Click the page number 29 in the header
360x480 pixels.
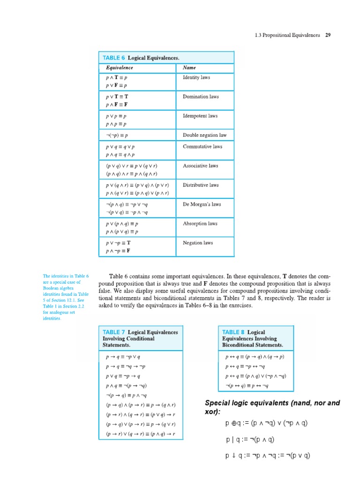click(x=328, y=35)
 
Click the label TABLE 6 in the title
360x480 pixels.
click(x=114, y=58)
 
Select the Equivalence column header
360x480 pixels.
click(x=119, y=67)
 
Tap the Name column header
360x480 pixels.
click(x=189, y=67)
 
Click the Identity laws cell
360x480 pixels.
click(x=196, y=77)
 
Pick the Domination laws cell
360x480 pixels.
click(x=201, y=97)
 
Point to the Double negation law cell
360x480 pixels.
click(x=204, y=135)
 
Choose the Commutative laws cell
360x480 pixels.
click(x=202, y=146)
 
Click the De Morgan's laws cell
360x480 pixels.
click(x=202, y=204)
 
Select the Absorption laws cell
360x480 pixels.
click(x=200, y=224)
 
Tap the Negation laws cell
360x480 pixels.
click(x=198, y=243)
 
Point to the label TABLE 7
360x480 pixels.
click(x=114, y=332)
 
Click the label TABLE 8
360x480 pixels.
click(x=233, y=332)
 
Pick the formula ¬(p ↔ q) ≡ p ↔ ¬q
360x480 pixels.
click(x=247, y=386)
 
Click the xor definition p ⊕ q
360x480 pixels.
click(x=266, y=423)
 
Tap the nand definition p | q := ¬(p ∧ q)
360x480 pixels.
click(x=250, y=440)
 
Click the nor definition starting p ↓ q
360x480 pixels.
click(x=268, y=455)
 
